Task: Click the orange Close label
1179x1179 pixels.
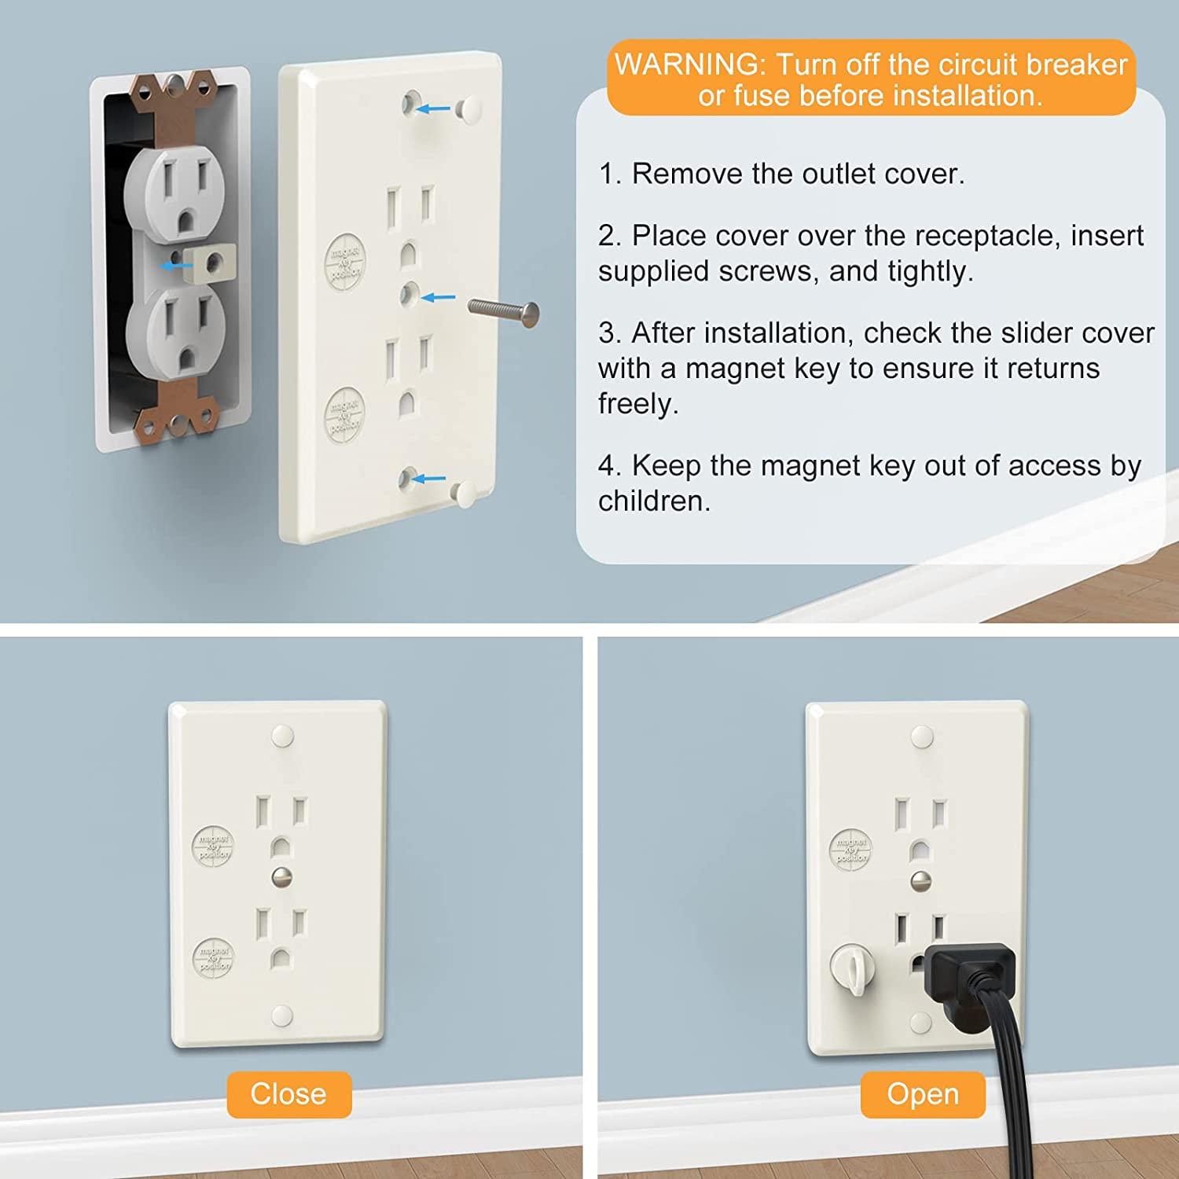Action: click(x=288, y=1094)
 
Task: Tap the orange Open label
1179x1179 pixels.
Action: click(x=922, y=1094)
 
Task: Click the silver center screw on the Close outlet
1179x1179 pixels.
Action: click(x=281, y=876)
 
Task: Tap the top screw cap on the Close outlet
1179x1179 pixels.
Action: click(x=281, y=736)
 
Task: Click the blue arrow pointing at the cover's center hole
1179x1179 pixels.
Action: click(x=438, y=298)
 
